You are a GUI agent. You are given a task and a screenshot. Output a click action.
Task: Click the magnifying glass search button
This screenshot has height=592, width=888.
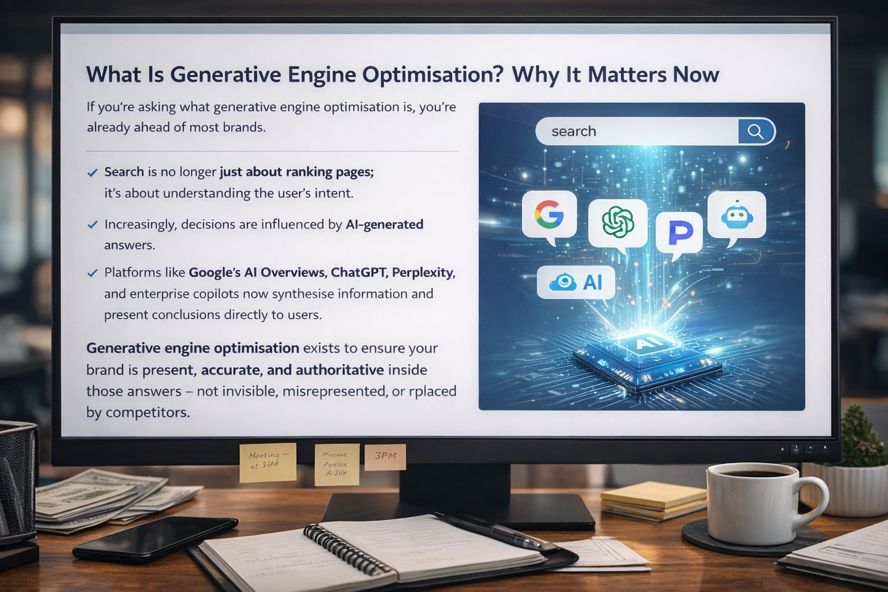pos(755,132)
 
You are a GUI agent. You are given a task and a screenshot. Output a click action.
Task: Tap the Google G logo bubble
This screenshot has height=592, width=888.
pos(549,214)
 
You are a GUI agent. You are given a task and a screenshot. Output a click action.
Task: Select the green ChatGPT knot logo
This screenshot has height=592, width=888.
pos(617,222)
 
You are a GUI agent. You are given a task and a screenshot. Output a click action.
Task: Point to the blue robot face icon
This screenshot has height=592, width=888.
pos(737,215)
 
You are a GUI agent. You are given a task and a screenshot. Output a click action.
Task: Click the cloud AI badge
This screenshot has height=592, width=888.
pos(575,282)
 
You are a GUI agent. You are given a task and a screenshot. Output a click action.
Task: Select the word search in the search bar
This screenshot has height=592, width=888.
pos(573,132)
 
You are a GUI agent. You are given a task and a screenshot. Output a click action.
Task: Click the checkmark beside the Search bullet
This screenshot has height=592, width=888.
pos(92,172)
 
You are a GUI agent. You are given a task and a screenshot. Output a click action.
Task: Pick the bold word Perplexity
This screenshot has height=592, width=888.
pos(423,272)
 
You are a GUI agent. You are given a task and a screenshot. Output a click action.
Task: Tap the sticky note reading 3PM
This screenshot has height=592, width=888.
pos(385,457)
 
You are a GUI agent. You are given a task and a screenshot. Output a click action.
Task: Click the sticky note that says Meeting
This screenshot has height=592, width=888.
pos(268,461)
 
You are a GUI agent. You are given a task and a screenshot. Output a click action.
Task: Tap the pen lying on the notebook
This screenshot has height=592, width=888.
pos(491,531)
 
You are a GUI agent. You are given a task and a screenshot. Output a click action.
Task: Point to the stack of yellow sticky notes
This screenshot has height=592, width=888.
pos(653,499)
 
